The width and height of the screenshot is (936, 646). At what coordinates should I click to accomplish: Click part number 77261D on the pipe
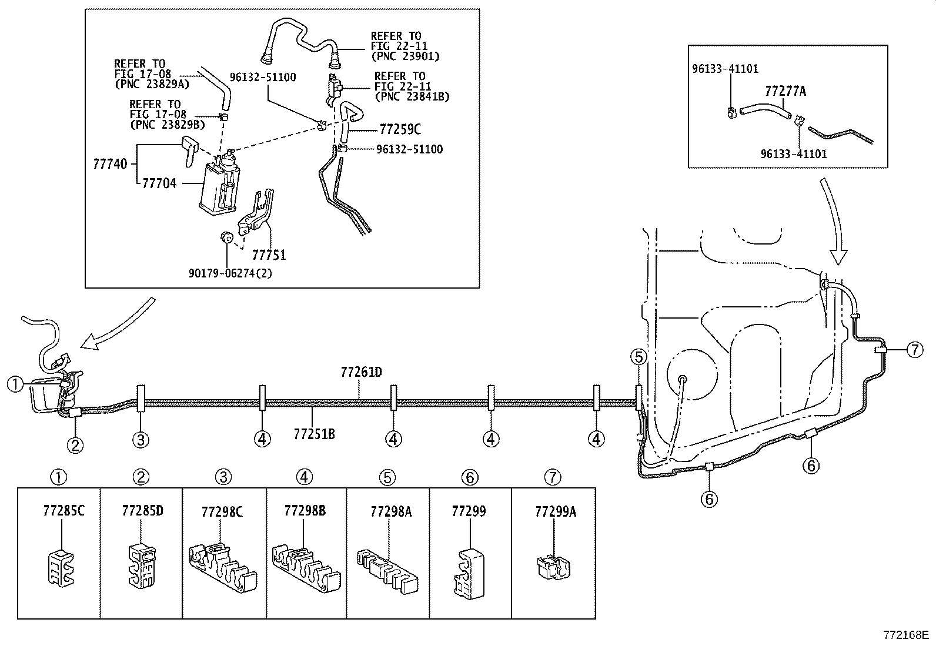(361, 373)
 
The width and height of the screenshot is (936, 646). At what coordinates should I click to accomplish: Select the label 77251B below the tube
(314, 434)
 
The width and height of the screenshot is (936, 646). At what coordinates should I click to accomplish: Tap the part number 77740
(110, 163)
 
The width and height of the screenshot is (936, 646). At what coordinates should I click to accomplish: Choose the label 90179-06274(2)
(230, 273)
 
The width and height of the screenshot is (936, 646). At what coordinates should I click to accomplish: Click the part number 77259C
(400, 129)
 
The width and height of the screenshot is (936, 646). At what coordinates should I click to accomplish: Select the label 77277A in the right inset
(785, 91)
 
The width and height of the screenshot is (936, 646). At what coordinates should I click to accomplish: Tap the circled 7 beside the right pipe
(914, 350)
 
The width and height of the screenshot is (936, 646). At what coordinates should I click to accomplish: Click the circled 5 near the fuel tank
(639, 356)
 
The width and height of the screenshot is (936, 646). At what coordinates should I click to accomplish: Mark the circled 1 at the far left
(15, 384)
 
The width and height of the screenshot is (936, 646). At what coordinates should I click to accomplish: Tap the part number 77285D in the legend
(142, 510)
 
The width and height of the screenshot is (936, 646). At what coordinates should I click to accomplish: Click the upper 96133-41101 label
(724, 69)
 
